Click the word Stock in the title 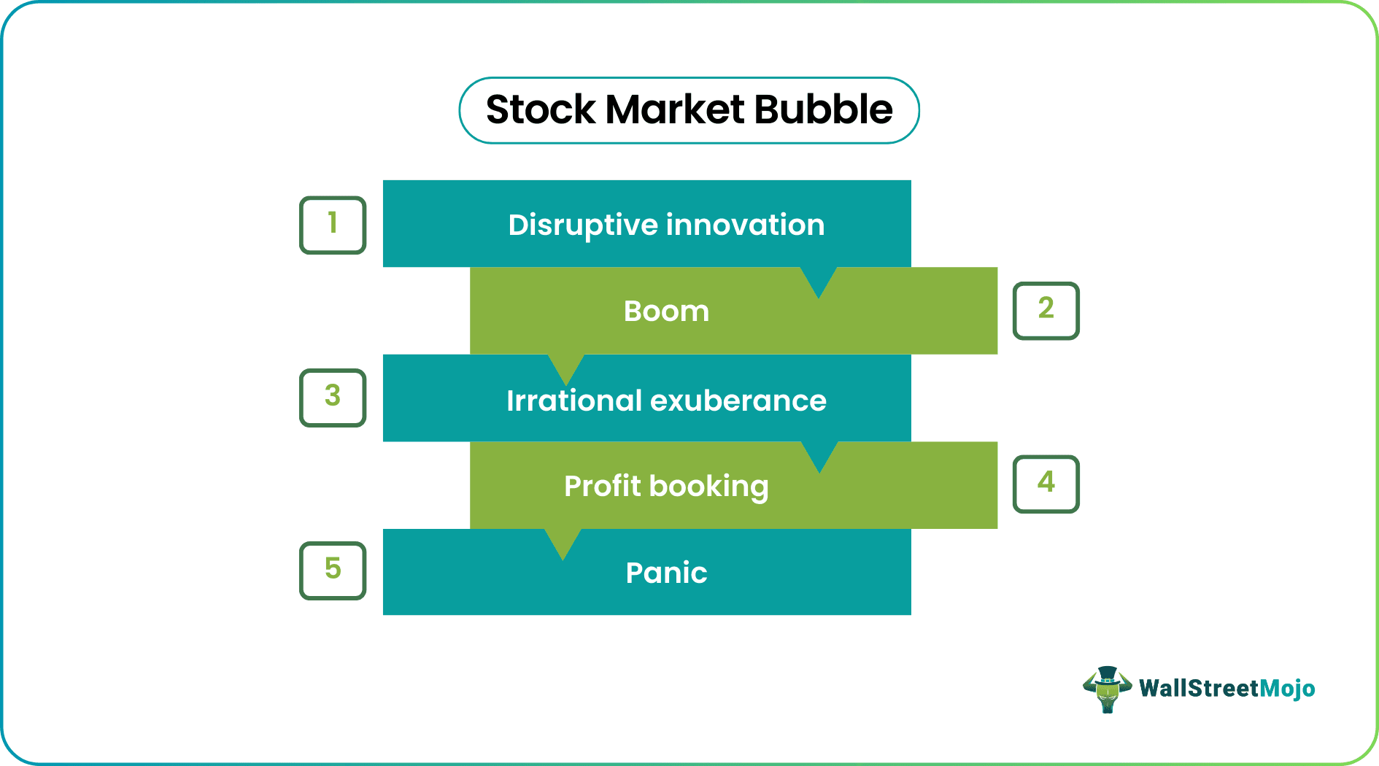point(541,110)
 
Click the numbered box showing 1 point(333,225)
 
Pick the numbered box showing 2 point(1046,310)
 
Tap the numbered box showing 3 point(333,398)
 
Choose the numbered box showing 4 point(1046,484)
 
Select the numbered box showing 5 point(333,570)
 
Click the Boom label point(666,312)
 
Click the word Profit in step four point(602,486)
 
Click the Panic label point(666,573)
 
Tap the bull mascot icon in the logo point(1107,689)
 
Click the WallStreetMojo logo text point(1227,689)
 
